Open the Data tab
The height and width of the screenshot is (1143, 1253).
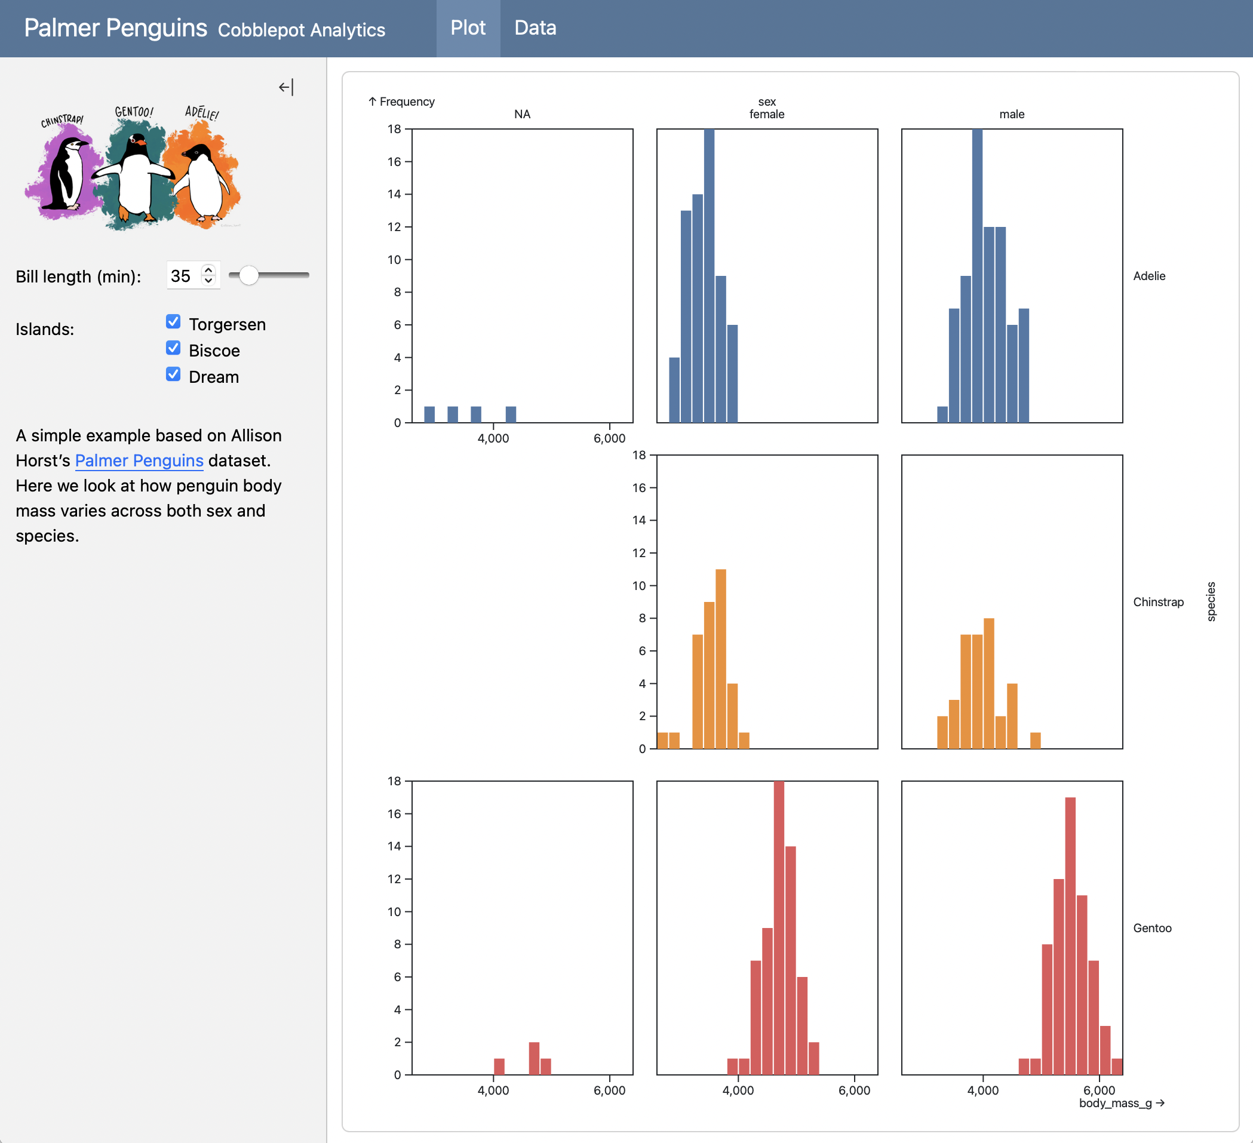(535, 29)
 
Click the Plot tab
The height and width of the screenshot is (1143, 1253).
(468, 29)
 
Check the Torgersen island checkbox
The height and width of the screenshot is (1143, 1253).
(173, 321)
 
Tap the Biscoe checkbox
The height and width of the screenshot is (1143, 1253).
(173, 348)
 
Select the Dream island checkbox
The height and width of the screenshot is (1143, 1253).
(173, 374)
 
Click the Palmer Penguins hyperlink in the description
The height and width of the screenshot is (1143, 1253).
(139, 460)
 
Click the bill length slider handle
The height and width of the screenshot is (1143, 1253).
(248, 275)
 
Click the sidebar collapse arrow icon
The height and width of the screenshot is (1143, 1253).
(285, 87)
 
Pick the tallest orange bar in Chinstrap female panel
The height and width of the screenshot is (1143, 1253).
(721, 659)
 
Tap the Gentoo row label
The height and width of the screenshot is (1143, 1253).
(1151, 928)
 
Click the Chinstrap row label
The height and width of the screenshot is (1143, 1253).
(1158, 601)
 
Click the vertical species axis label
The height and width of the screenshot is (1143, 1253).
(1211, 601)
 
